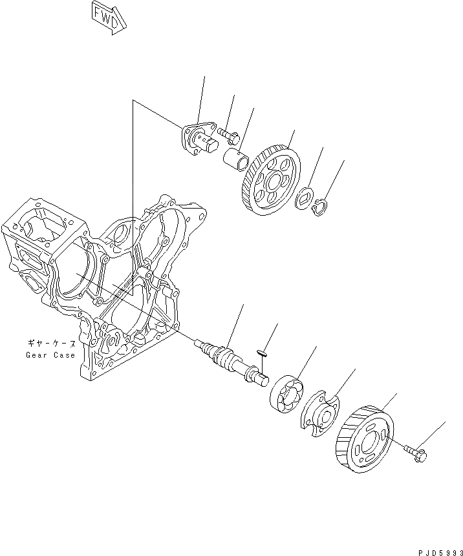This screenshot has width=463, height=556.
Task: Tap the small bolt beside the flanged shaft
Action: pyautogui.click(x=228, y=135)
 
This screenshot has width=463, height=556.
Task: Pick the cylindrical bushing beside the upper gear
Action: pyautogui.click(x=236, y=158)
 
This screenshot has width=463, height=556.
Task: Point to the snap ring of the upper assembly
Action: pyautogui.click(x=319, y=208)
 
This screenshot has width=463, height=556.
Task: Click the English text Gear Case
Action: pyautogui.click(x=50, y=355)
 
